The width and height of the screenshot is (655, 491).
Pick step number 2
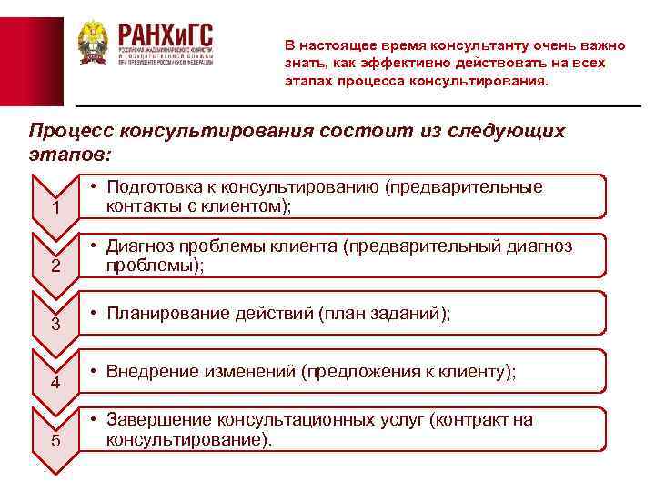click(56, 267)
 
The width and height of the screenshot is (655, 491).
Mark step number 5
click(56, 442)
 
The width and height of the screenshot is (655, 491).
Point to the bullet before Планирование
click(95, 314)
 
